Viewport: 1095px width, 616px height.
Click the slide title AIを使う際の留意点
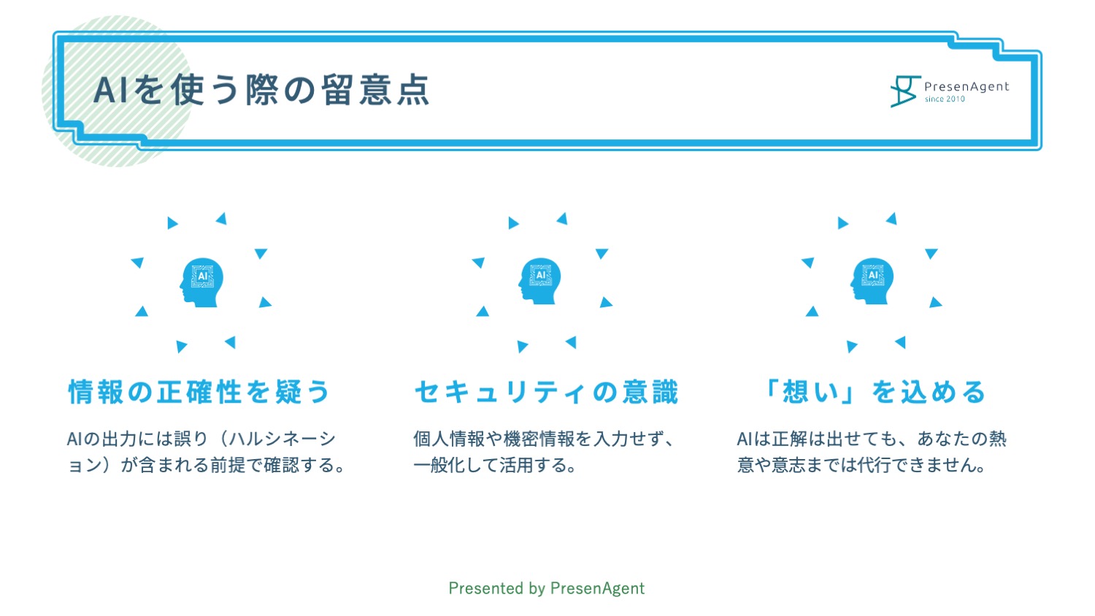(x=261, y=90)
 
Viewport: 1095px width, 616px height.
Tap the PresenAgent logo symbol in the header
(x=905, y=91)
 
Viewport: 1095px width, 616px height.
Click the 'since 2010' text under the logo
(x=945, y=99)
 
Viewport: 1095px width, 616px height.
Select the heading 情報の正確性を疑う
(x=199, y=392)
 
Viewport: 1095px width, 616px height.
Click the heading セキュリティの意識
(x=547, y=392)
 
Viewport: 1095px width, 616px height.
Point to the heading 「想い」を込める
(x=873, y=392)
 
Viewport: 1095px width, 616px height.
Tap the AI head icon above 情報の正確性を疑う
(x=201, y=282)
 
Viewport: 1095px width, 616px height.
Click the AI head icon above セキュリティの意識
(x=539, y=281)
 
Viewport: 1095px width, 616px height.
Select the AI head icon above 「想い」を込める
(x=872, y=281)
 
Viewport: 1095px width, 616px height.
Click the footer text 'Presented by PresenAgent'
(x=547, y=588)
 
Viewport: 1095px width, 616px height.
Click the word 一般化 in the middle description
(x=439, y=464)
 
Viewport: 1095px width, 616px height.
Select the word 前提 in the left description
(x=228, y=464)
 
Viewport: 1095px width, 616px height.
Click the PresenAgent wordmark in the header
(x=967, y=87)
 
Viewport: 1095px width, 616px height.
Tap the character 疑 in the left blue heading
(x=288, y=392)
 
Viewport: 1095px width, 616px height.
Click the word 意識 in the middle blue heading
(x=650, y=392)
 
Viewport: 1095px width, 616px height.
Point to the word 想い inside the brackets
(x=811, y=392)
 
